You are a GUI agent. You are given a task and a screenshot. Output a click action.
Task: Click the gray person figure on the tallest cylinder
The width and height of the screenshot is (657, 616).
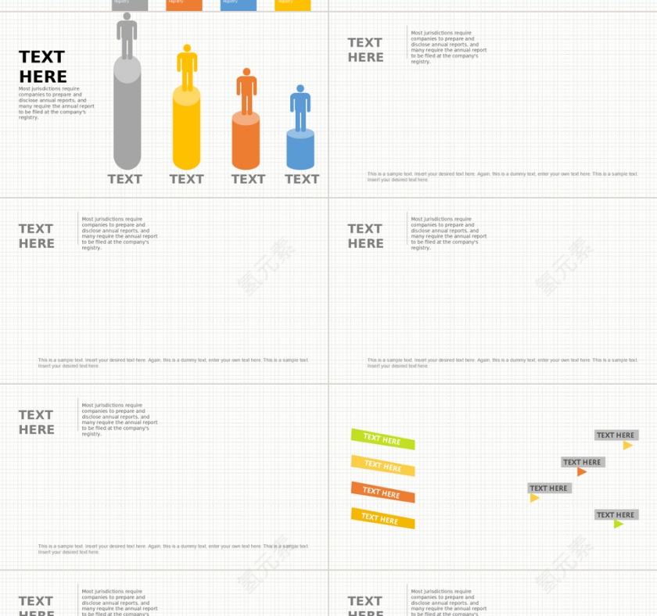[x=127, y=34]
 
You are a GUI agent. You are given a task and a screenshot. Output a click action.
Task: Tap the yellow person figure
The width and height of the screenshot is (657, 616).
[x=186, y=66]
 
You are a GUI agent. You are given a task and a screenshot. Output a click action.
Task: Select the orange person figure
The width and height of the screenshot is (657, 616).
[x=246, y=90]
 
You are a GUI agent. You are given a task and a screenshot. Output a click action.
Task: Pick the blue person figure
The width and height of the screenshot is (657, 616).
[x=300, y=107]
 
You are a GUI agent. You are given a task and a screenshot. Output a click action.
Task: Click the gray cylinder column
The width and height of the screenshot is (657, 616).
[x=127, y=117]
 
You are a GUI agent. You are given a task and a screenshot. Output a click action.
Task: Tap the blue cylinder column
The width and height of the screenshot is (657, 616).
[x=300, y=150]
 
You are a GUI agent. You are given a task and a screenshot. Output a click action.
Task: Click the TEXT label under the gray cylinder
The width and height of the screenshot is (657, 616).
[x=125, y=179]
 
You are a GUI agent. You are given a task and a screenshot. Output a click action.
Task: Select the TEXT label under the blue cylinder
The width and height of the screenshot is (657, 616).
[x=302, y=179]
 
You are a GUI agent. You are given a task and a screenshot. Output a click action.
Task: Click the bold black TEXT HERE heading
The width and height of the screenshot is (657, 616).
[x=43, y=66]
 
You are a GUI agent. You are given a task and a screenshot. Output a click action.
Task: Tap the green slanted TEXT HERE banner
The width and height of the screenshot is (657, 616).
[x=382, y=439]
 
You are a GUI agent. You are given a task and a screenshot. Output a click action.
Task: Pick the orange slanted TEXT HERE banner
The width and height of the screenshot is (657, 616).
[x=382, y=492]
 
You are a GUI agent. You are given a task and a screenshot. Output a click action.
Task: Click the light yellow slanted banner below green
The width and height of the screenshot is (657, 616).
[x=382, y=466]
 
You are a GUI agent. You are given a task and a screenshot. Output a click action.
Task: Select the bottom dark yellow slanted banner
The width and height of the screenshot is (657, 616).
[x=382, y=518]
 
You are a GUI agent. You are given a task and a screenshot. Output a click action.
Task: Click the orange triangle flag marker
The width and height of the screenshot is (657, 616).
[x=581, y=472]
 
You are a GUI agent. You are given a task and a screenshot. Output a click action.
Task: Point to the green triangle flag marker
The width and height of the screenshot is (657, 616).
[x=618, y=524]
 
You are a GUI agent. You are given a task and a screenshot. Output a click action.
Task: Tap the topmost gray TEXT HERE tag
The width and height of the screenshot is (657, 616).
[x=616, y=435]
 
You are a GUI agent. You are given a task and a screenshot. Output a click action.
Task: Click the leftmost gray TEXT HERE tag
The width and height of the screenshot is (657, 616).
[x=549, y=489]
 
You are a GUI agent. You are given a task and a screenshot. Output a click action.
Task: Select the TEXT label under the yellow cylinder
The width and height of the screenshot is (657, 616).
[x=187, y=179]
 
